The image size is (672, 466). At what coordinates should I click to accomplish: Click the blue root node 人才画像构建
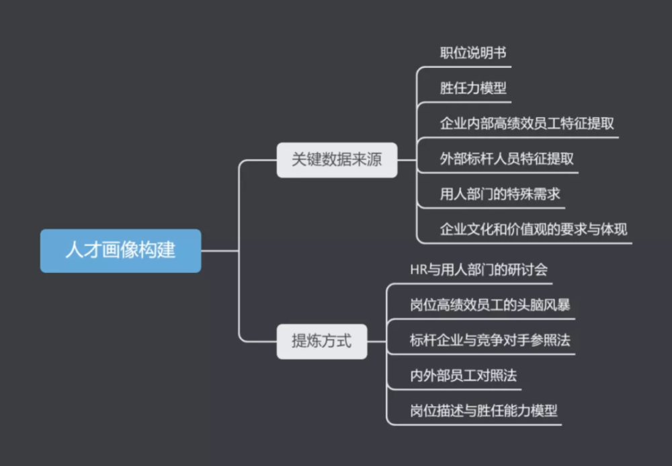(x=120, y=251)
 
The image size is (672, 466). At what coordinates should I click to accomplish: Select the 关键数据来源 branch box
(x=337, y=160)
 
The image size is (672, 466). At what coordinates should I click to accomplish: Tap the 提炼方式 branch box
(x=322, y=341)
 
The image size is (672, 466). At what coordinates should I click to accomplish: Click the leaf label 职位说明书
(x=473, y=53)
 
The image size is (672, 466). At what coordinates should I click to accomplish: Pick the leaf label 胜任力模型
(x=473, y=89)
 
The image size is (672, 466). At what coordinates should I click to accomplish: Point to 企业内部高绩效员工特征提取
(x=526, y=124)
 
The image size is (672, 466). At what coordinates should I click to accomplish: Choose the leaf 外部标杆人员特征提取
(x=507, y=159)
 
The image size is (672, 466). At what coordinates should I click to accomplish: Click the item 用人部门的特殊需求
(x=500, y=195)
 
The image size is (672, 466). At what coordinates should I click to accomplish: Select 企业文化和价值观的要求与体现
(x=534, y=229)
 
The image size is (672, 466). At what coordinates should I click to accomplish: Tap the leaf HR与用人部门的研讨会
(x=478, y=270)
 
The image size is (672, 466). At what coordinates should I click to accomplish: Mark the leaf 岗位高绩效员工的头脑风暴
(x=490, y=305)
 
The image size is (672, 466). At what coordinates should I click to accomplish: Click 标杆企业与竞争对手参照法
(x=490, y=340)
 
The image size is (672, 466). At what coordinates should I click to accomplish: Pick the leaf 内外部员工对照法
(x=463, y=375)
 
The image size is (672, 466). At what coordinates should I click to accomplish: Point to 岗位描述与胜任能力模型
(x=484, y=410)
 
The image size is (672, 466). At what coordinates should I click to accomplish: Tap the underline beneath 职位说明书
(x=470, y=67)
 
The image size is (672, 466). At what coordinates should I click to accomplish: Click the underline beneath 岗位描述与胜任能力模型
(x=484, y=424)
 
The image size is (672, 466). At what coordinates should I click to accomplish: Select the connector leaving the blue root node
(x=219, y=251)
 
